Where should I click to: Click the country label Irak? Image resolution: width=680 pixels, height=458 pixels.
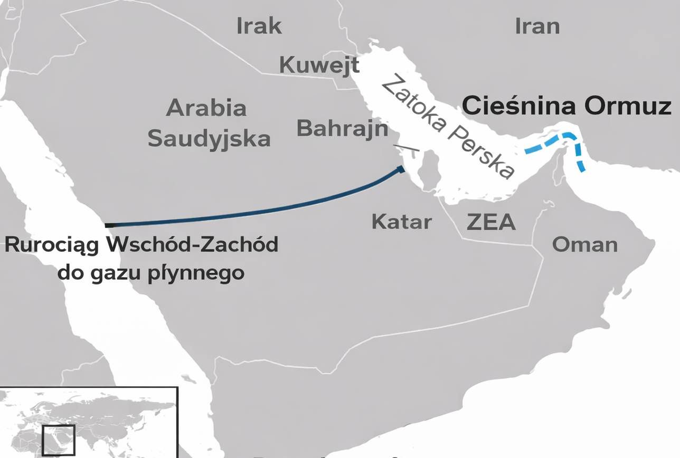click(x=259, y=26)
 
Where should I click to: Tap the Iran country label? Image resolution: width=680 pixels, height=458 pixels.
click(x=537, y=26)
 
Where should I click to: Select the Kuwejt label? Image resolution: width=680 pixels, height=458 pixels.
click(x=319, y=65)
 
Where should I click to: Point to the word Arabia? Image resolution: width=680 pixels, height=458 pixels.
click(x=206, y=108)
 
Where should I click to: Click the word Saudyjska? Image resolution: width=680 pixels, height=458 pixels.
click(x=209, y=139)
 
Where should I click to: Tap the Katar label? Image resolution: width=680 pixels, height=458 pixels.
click(x=401, y=222)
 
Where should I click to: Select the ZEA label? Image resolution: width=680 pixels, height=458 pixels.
click(x=491, y=222)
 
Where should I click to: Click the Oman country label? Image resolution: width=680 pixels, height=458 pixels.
click(x=584, y=244)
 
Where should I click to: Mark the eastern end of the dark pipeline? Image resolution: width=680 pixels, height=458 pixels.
click(x=402, y=169)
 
